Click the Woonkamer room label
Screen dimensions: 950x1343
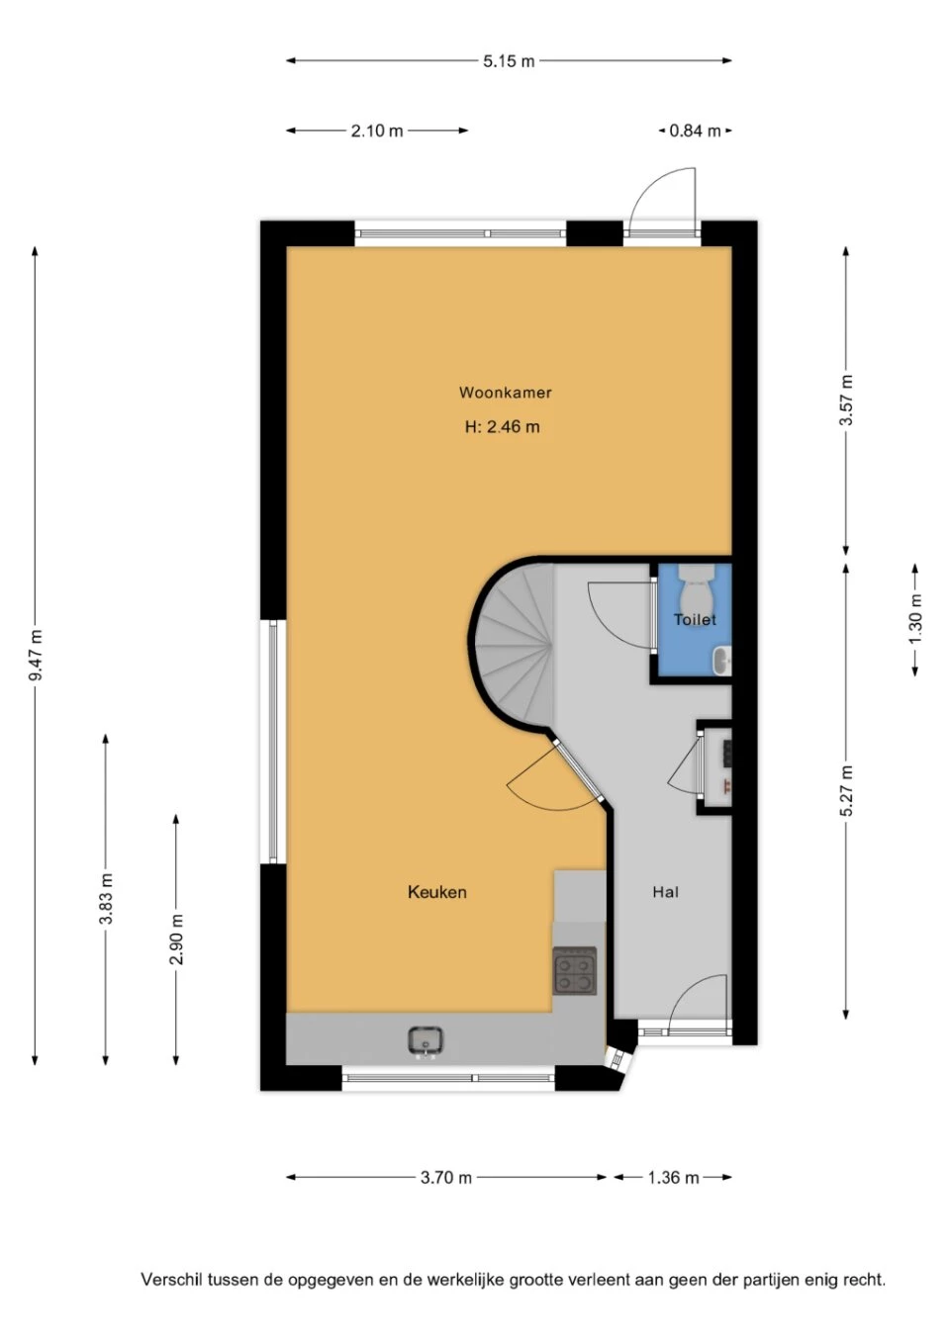505,393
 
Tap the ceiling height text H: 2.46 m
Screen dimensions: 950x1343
502,427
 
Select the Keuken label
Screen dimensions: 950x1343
436,892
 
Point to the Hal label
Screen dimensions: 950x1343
666,892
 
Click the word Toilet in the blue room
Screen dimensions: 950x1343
695,619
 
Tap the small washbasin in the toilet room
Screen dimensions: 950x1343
722,662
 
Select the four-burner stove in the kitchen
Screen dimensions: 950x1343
575,970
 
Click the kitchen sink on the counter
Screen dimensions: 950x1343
426,1041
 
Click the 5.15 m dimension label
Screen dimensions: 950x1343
509,61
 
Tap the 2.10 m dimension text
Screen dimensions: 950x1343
377,131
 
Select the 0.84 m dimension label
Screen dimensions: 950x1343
695,131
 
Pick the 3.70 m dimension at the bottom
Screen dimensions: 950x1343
445,1178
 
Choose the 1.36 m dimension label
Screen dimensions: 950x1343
673,1178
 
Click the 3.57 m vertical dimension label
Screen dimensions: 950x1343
846,400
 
